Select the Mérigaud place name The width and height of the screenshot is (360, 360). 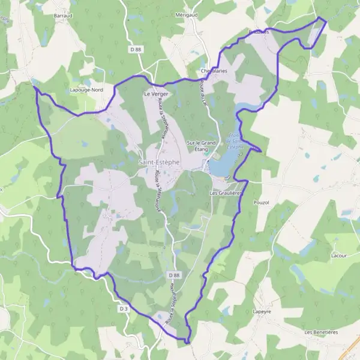187,14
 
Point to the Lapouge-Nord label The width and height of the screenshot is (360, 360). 88,89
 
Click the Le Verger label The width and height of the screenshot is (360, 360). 154,94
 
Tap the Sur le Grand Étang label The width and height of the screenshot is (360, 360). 201,146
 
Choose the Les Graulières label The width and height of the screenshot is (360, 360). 226,193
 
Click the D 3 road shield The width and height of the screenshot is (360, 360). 124,308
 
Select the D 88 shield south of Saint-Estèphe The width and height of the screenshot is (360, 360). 174,275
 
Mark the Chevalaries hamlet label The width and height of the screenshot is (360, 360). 214,71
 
